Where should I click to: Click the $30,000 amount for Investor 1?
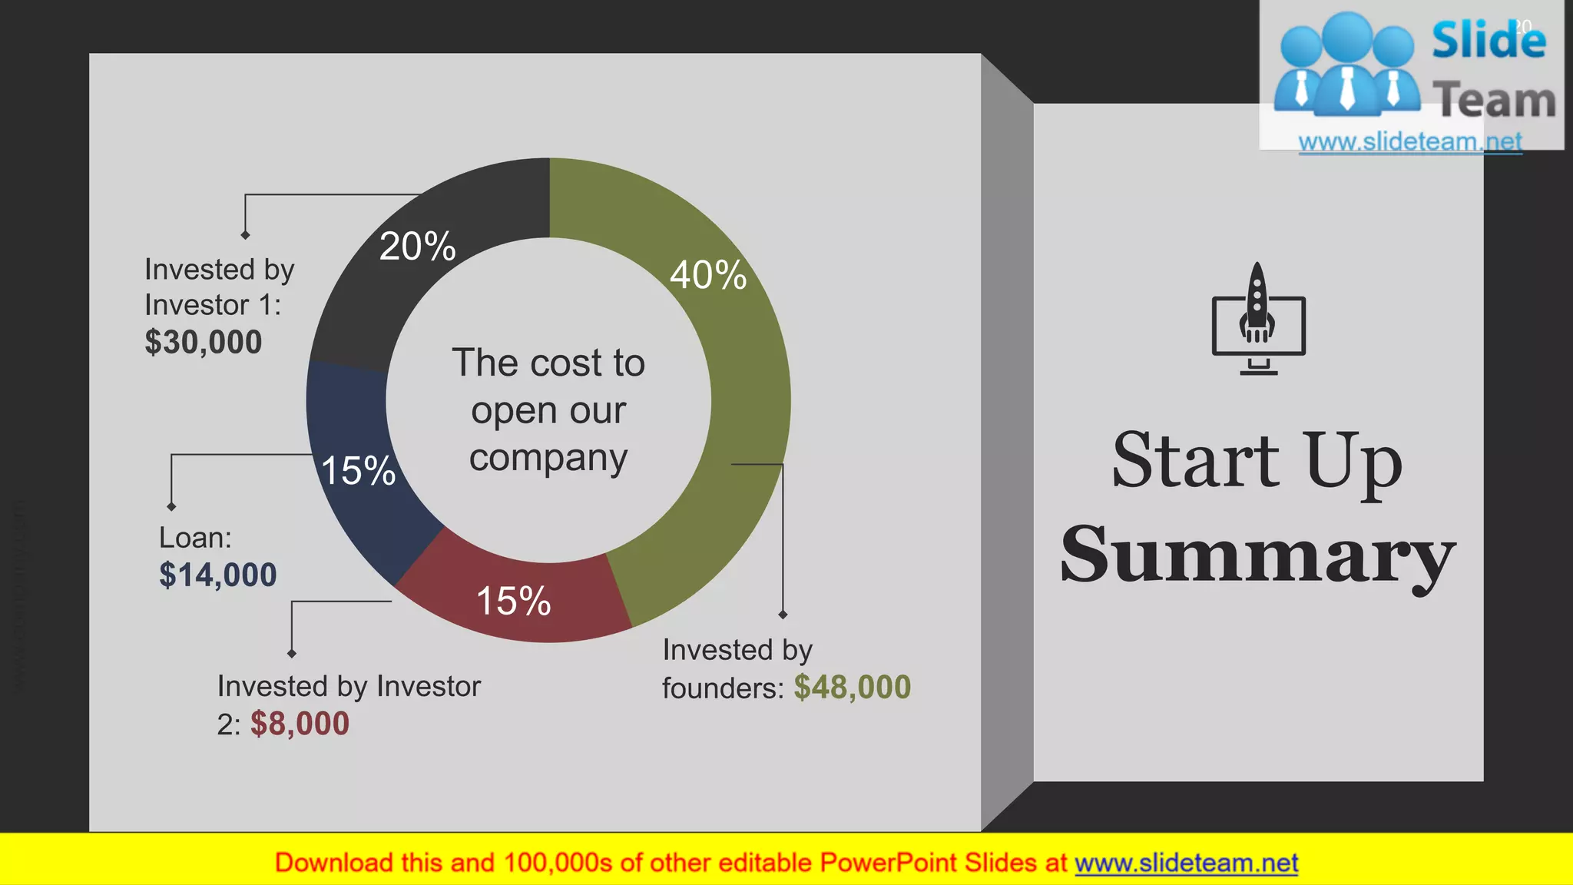[204, 342]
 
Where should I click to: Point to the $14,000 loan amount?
[218, 575]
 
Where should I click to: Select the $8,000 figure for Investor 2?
[300, 724]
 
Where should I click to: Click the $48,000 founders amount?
[853, 687]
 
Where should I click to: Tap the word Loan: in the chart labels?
[195, 538]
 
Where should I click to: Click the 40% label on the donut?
[707, 275]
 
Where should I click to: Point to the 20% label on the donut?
[418, 247]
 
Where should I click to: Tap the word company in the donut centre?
[548, 459]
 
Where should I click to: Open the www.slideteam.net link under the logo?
[1410, 142]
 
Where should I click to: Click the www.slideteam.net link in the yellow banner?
[1186, 863]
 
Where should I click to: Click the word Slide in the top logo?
[1489, 40]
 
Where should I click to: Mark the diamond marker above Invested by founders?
[783, 615]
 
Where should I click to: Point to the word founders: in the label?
[723, 688]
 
